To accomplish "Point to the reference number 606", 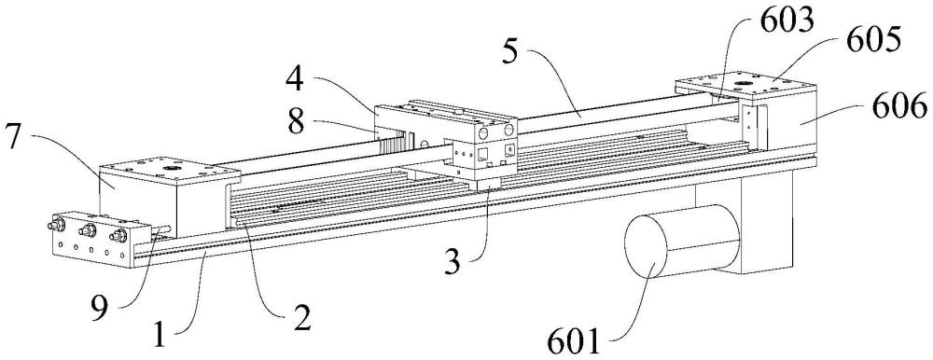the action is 899,109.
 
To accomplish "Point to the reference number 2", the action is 301,321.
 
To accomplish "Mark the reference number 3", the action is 453,261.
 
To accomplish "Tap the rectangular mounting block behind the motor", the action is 756,221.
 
